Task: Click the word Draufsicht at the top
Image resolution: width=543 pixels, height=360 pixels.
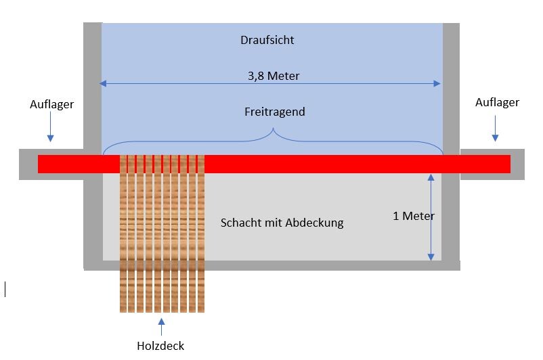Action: [x=267, y=41]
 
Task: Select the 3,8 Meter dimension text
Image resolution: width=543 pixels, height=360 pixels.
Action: [x=274, y=76]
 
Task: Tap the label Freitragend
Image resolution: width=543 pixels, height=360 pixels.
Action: [x=274, y=112]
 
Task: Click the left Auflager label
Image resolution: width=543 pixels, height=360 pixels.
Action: [x=51, y=104]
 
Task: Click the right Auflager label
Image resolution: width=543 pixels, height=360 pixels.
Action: [x=497, y=102]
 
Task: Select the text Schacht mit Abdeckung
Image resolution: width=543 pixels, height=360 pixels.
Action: [x=282, y=223]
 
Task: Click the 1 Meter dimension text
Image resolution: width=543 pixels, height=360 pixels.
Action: [x=413, y=216]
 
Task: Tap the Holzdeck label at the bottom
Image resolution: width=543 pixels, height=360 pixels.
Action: [x=160, y=346]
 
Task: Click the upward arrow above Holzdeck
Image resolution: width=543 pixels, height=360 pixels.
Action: [x=161, y=326]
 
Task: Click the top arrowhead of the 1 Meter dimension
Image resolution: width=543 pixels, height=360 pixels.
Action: [x=430, y=178]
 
